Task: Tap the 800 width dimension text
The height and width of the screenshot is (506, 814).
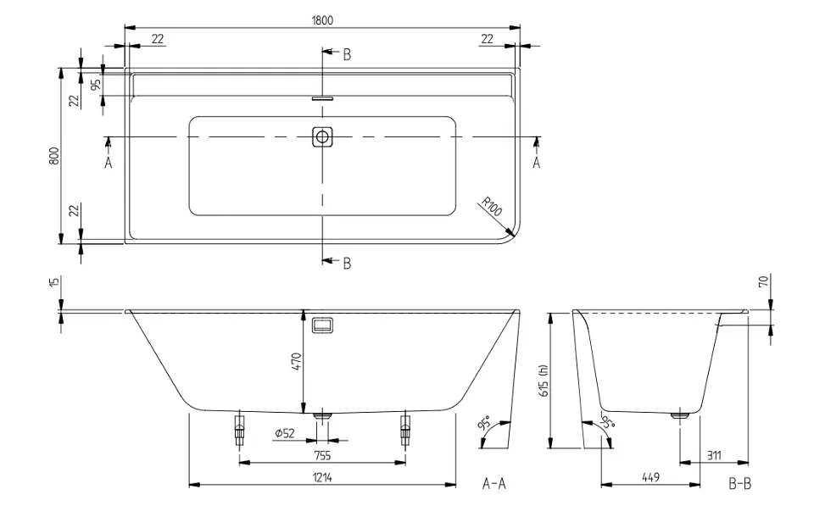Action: click(x=53, y=157)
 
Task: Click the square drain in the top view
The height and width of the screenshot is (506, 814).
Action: click(x=322, y=136)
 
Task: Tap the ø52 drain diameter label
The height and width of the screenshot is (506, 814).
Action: click(x=284, y=434)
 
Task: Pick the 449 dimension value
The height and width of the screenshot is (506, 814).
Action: click(x=650, y=477)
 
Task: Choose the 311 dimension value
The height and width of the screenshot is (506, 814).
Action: click(x=714, y=455)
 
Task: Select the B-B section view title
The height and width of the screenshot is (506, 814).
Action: click(x=739, y=485)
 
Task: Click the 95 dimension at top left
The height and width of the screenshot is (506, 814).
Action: click(x=96, y=83)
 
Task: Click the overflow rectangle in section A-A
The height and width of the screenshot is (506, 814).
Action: click(x=322, y=325)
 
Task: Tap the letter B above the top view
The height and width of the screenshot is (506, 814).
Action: click(x=346, y=54)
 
